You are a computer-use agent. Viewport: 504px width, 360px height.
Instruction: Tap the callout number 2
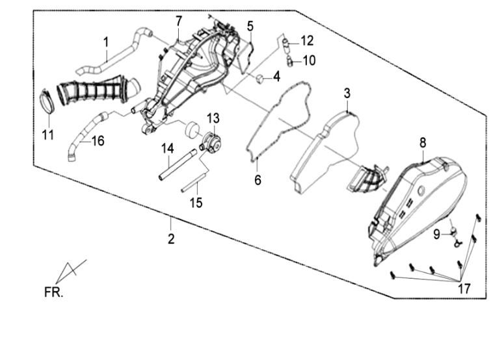click(x=171, y=239)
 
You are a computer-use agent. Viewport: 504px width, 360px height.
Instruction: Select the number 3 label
click(x=347, y=93)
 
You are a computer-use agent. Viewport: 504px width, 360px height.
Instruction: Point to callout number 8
click(x=423, y=142)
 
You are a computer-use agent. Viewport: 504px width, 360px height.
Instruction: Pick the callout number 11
click(x=47, y=136)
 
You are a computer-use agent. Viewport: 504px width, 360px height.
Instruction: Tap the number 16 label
click(x=97, y=140)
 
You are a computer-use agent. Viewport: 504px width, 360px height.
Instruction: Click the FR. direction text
click(x=53, y=293)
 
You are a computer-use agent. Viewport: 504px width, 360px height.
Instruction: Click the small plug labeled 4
click(x=259, y=79)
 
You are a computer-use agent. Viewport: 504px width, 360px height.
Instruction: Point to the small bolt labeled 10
click(x=289, y=62)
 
